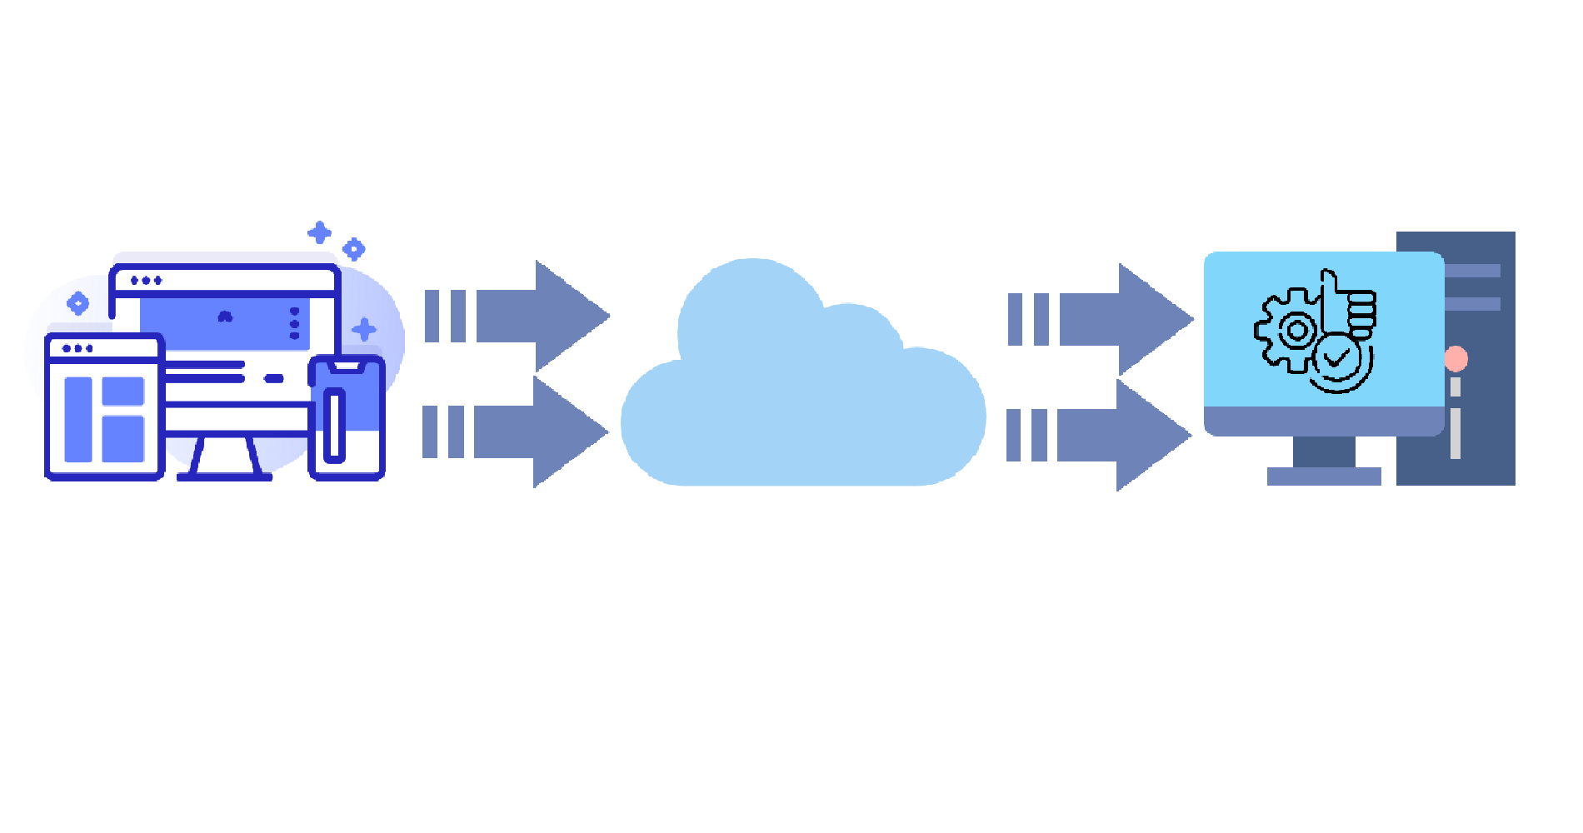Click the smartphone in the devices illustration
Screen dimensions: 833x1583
click(x=347, y=416)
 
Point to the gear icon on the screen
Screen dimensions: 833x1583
click(x=1288, y=331)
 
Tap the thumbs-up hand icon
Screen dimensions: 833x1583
click(x=1350, y=304)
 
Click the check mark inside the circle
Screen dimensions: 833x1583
click(x=1337, y=359)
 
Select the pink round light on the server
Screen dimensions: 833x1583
click(x=1456, y=359)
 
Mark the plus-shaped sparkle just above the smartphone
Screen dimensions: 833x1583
click(x=363, y=329)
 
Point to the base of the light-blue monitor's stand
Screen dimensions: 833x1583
click(x=1324, y=476)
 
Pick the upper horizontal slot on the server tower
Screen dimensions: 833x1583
click(x=1473, y=271)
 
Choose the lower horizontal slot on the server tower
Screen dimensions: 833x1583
click(x=1473, y=304)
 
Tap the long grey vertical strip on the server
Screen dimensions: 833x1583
click(x=1455, y=433)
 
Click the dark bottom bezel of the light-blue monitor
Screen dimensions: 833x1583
click(x=1324, y=421)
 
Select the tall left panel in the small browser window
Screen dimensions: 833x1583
click(x=78, y=418)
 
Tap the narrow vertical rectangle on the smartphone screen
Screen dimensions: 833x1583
click(x=335, y=425)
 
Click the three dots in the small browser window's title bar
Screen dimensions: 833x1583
click(x=77, y=348)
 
